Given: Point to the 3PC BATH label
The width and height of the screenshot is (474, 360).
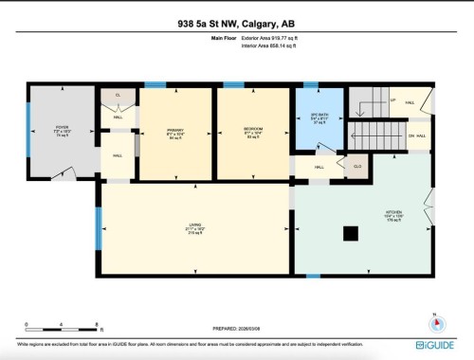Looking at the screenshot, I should pos(319,116).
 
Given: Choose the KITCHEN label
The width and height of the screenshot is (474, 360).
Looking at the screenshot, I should pos(393,212).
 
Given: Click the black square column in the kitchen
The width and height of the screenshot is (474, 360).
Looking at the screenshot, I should pos(351,232).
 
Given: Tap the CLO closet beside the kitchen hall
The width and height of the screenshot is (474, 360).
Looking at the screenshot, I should pos(357,166).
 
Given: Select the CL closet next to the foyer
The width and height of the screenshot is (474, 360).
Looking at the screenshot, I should pos(118,96).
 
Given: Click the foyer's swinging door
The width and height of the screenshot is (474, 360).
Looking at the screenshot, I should pos(66,173).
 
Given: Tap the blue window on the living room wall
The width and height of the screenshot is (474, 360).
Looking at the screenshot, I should pos(98,227).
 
